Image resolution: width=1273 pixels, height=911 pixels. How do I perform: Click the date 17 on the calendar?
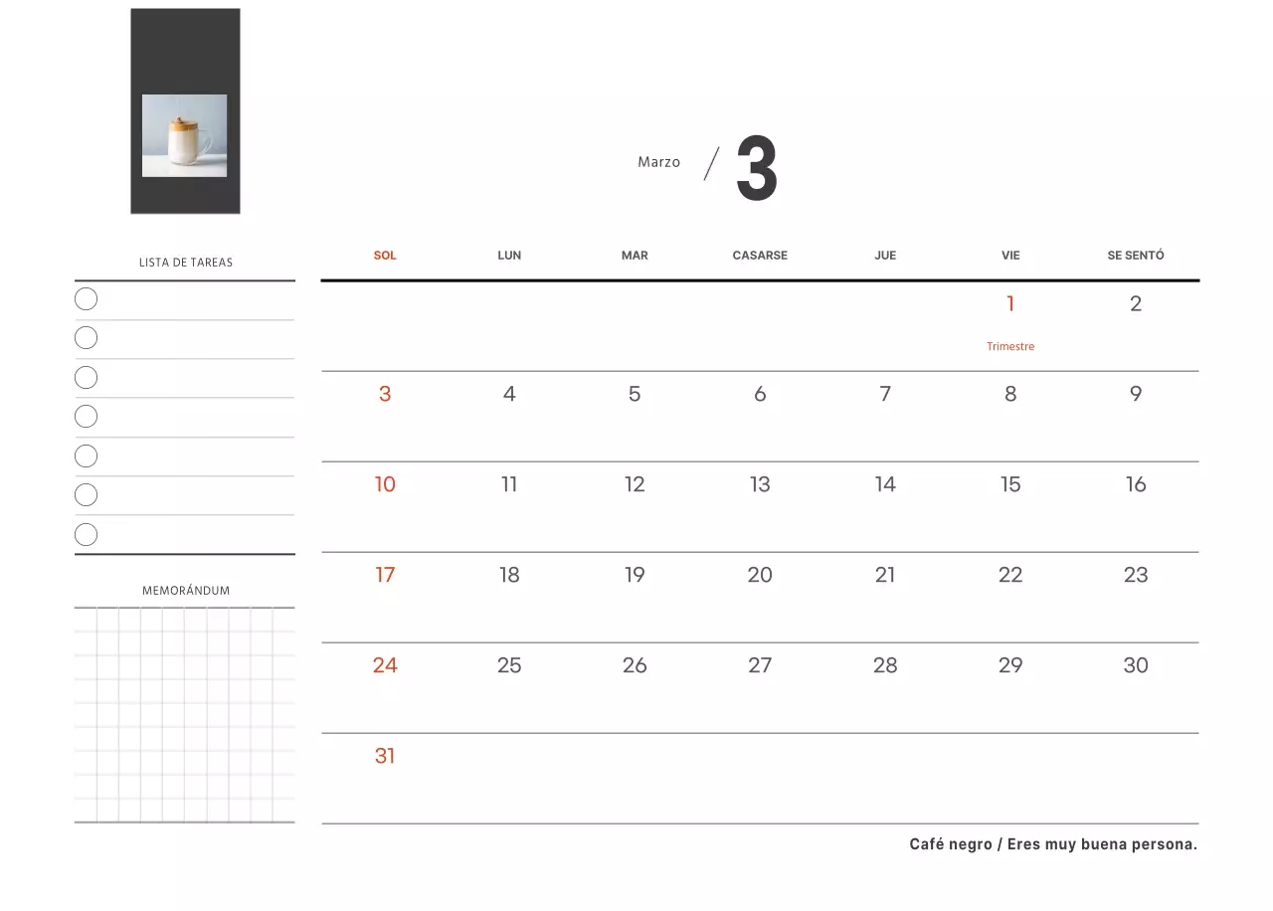pyautogui.click(x=385, y=575)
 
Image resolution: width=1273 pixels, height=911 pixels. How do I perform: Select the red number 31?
pyautogui.click(x=385, y=756)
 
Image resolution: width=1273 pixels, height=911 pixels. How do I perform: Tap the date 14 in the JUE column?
pyautogui.click(x=885, y=484)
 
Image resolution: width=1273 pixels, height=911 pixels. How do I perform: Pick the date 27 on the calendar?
pyautogui.click(x=760, y=665)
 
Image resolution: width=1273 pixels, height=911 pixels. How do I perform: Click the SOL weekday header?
pyautogui.click(x=385, y=256)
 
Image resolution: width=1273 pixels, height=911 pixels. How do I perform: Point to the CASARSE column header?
pyautogui.click(x=760, y=256)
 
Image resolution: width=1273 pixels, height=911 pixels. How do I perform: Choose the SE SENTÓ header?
pyautogui.click(x=1136, y=256)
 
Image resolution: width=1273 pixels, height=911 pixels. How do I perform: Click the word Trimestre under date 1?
pyautogui.click(x=1010, y=346)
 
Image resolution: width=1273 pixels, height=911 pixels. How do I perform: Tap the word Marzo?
pyautogui.click(x=658, y=162)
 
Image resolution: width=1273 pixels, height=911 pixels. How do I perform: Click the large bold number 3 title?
pyautogui.click(x=757, y=168)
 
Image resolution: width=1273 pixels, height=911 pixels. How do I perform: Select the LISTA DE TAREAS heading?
pyautogui.click(x=186, y=262)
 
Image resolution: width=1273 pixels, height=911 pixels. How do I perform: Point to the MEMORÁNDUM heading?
pyautogui.click(x=186, y=591)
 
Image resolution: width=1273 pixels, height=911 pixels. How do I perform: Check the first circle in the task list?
pyautogui.click(x=86, y=299)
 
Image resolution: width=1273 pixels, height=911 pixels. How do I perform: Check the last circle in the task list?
pyautogui.click(x=86, y=534)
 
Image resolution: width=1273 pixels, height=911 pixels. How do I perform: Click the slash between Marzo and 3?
pyautogui.click(x=711, y=164)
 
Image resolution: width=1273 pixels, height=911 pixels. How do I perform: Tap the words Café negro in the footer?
pyautogui.click(x=951, y=844)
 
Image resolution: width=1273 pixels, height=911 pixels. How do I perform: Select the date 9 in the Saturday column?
pyautogui.click(x=1136, y=393)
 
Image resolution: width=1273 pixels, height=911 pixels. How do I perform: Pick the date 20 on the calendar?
pyautogui.click(x=760, y=575)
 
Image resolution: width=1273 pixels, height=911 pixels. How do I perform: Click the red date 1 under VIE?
pyautogui.click(x=1010, y=303)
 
